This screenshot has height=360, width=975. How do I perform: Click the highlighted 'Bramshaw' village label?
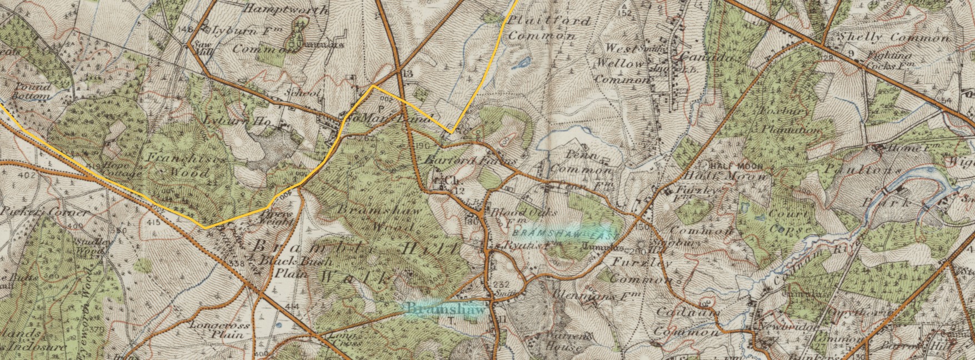(x=446, y=308)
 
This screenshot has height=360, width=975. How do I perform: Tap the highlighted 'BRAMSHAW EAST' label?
(x=562, y=234)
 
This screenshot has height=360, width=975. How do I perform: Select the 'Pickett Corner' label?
(x=44, y=212)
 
